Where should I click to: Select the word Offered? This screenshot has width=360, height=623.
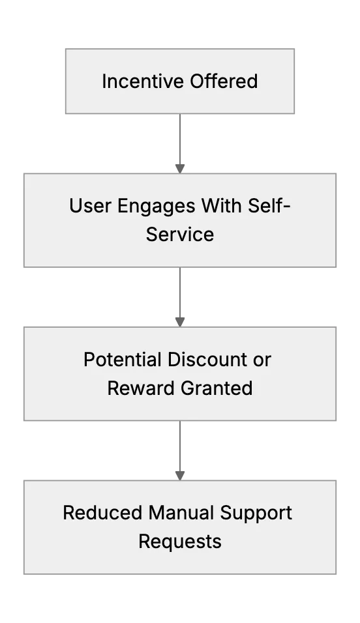click(224, 81)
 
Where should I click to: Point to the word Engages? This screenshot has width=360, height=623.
click(157, 207)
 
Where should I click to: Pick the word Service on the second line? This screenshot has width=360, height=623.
click(180, 234)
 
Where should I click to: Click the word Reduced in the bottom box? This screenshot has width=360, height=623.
click(104, 513)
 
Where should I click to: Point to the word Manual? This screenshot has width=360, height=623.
click(182, 513)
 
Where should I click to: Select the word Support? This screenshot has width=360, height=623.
click(256, 514)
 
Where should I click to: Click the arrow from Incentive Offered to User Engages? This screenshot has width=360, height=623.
click(180, 143)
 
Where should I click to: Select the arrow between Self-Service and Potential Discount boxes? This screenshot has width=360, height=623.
click(180, 297)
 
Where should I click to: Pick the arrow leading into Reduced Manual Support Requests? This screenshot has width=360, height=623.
click(180, 450)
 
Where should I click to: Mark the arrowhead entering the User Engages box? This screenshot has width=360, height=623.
click(180, 169)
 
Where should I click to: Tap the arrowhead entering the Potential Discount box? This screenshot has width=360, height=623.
click(180, 322)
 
